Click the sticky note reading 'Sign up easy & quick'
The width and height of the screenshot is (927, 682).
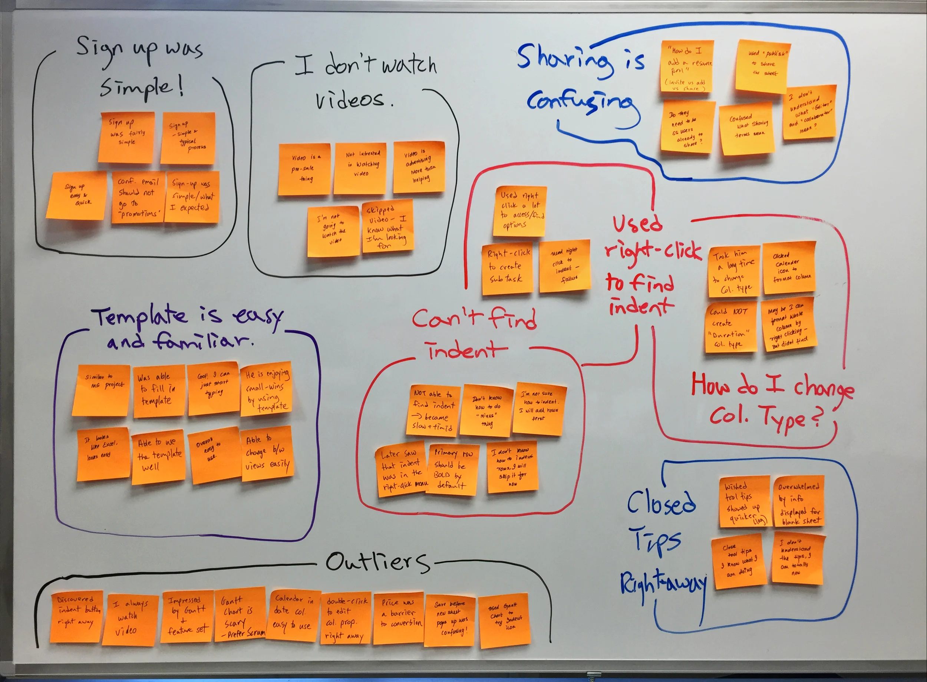pos(76,195)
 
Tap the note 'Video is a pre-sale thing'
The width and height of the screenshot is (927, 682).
pos(304,169)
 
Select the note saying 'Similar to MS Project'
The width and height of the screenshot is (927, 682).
pos(101,390)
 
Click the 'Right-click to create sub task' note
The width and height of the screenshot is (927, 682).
pos(507,269)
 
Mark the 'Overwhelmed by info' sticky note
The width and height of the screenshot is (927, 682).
pos(799,501)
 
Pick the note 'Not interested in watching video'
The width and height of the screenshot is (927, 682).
pos(360,168)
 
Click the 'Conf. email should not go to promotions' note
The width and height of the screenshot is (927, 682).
pos(138,197)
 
